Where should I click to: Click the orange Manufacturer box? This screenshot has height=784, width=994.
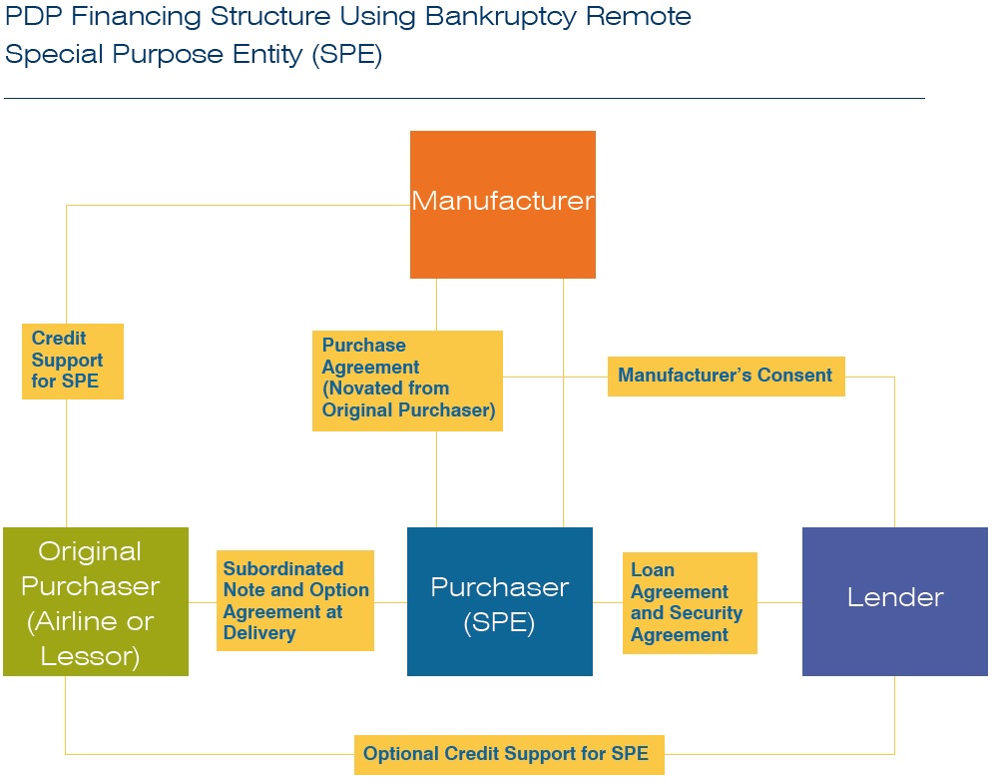pyautogui.click(x=503, y=205)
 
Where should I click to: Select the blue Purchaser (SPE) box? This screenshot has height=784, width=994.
pyautogui.click(x=500, y=601)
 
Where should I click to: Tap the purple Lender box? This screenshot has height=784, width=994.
pyautogui.click(x=895, y=601)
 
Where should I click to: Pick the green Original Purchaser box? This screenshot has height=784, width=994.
pyautogui.click(x=96, y=601)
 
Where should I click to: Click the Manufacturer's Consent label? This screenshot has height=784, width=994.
pyautogui.click(x=726, y=377)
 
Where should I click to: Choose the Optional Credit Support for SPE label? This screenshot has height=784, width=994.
pyautogui.click(x=509, y=754)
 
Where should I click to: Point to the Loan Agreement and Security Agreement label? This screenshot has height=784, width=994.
pyautogui.click(x=690, y=602)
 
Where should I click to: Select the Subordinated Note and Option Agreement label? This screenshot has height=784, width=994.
pyautogui.click(x=295, y=600)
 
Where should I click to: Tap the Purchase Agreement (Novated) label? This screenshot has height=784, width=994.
pyautogui.click(x=407, y=381)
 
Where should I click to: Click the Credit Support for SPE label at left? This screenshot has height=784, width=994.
pyautogui.click(x=73, y=361)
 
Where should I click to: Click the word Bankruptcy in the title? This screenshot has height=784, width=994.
pyautogui.click(x=500, y=18)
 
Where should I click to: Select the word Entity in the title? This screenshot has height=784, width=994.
pyautogui.click(x=267, y=55)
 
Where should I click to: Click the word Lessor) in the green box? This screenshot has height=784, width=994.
pyautogui.click(x=90, y=656)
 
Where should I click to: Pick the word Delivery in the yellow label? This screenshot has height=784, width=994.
pyautogui.click(x=259, y=633)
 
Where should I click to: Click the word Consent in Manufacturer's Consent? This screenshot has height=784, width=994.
pyautogui.click(x=795, y=376)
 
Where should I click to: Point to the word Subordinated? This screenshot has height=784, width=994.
pyautogui.click(x=283, y=568)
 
